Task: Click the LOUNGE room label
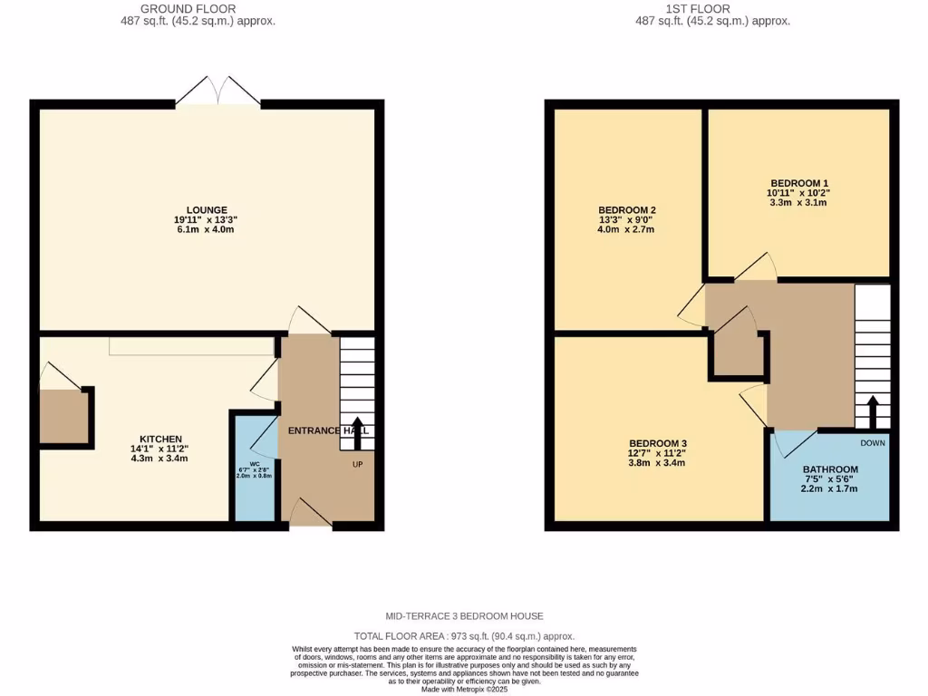[208, 209]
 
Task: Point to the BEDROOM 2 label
[621, 209]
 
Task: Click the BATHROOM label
[829, 469]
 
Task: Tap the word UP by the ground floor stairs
[359, 464]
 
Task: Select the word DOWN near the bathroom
[873, 443]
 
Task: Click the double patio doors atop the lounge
[217, 92]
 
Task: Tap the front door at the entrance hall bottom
[309, 513]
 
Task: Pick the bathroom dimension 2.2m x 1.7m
[829, 489]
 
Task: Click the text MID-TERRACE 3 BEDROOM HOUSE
[464, 616]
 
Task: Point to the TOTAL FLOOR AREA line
[464, 636]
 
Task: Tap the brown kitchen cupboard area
[63, 417]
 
